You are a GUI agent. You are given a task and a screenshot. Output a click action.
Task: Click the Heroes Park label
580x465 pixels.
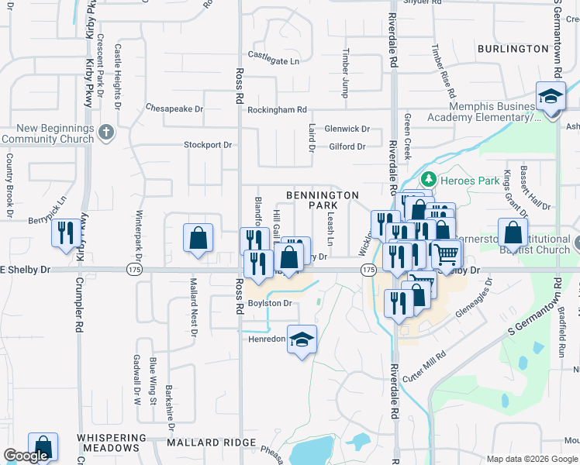tap(464, 180)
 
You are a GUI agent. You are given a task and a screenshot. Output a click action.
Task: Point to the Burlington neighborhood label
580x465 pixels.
tap(513, 49)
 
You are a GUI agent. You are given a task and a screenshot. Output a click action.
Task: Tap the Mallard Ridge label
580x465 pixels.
tap(212, 443)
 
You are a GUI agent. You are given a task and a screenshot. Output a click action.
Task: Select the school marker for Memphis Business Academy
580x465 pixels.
tap(551, 98)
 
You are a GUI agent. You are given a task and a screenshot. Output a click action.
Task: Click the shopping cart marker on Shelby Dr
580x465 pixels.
tap(446, 253)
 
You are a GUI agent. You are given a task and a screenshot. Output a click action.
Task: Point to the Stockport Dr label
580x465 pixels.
tap(208, 145)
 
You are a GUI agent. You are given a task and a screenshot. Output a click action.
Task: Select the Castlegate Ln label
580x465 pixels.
tap(273, 55)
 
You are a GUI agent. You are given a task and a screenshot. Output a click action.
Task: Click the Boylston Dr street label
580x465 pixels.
tap(270, 303)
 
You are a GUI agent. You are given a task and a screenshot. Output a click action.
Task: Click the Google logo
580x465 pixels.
tap(26, 456)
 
